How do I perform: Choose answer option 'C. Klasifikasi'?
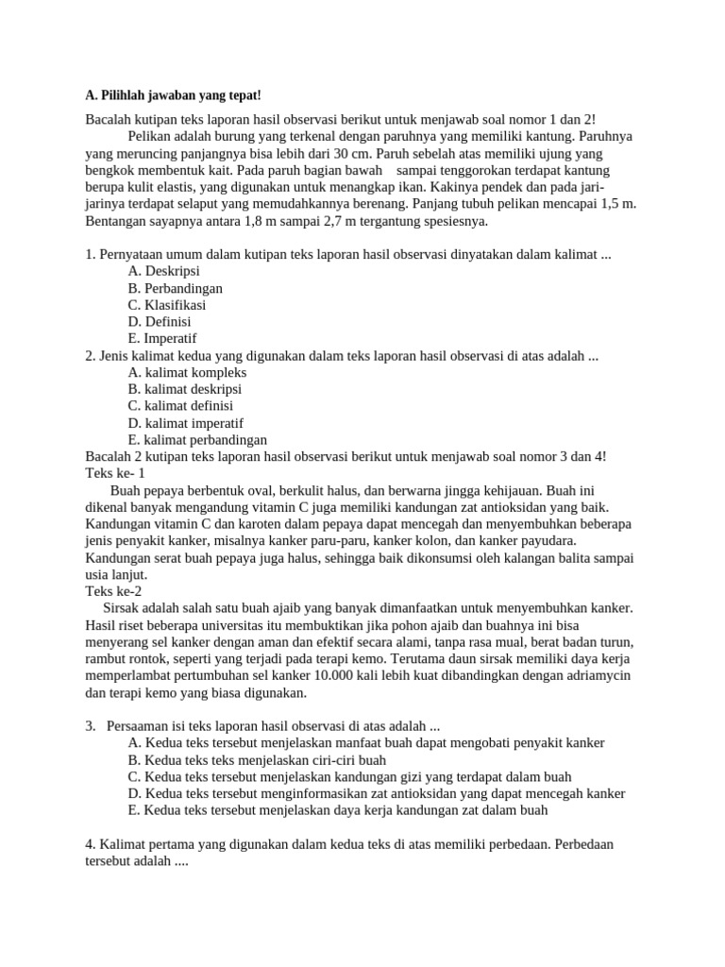tap(167, 305)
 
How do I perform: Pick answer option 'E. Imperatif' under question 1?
tap(162, 339)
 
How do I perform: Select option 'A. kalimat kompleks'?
tap(187, 372)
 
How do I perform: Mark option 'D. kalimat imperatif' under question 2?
tap(186, 423)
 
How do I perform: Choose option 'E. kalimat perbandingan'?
tap(197, 440)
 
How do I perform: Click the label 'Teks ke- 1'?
tap(115, 473)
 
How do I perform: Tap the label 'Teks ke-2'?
tap(113, 591)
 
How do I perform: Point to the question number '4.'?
tap(91, 844)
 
